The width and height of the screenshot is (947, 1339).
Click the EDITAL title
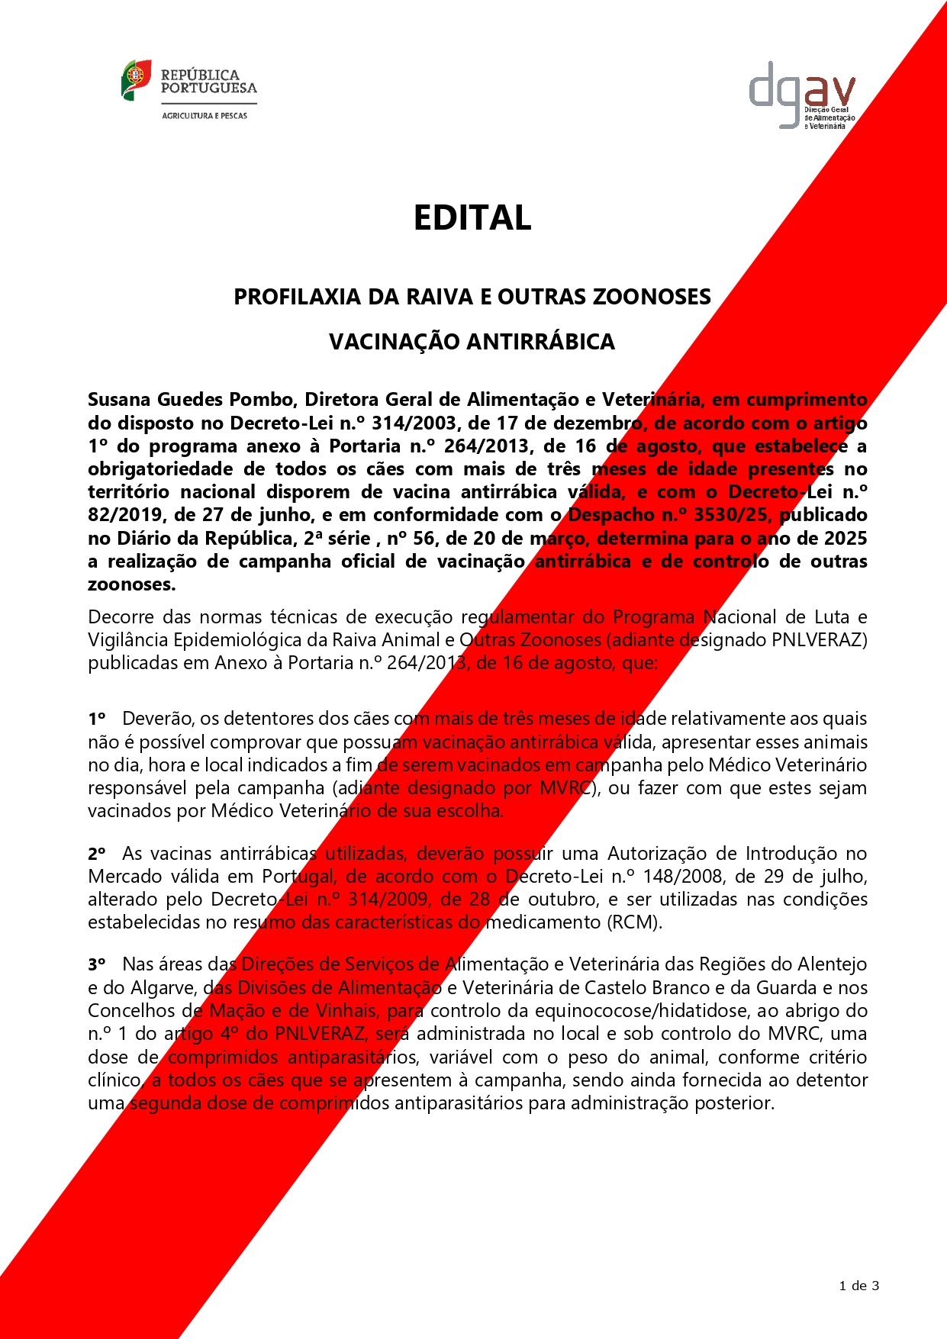click(x=472, y=218)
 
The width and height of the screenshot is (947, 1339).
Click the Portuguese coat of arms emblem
click(x=136, y=79)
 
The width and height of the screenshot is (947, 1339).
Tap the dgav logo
click(x=801, y=95)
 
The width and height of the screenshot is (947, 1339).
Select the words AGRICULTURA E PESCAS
click(x=205, y=116)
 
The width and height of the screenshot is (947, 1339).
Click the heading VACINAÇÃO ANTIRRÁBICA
click(x=472, y=342)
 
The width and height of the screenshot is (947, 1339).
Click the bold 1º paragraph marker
click(x=96, y=719)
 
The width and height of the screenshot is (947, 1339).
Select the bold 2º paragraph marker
click(x=96, y=854)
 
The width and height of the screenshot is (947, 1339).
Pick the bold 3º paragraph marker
click(x=96, y=965)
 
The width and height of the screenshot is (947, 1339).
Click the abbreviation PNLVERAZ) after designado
click(x=820, y=640)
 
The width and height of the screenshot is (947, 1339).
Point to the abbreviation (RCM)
click(x=634, y=922)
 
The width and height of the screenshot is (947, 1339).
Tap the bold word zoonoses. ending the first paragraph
click(x=131, y=585)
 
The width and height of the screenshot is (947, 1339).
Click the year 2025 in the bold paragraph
click(x=846, y=539)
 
